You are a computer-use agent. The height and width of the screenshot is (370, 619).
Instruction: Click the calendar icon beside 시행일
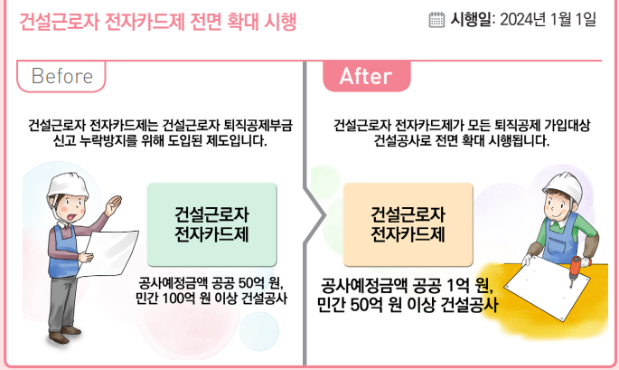(x=436, y=19)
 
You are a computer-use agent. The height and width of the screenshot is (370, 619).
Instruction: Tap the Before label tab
(x=61, y=76)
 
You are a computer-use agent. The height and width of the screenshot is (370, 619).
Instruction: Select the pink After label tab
(x=366, y=76)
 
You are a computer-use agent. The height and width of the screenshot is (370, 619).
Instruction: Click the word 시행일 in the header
(x=471, y=19)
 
